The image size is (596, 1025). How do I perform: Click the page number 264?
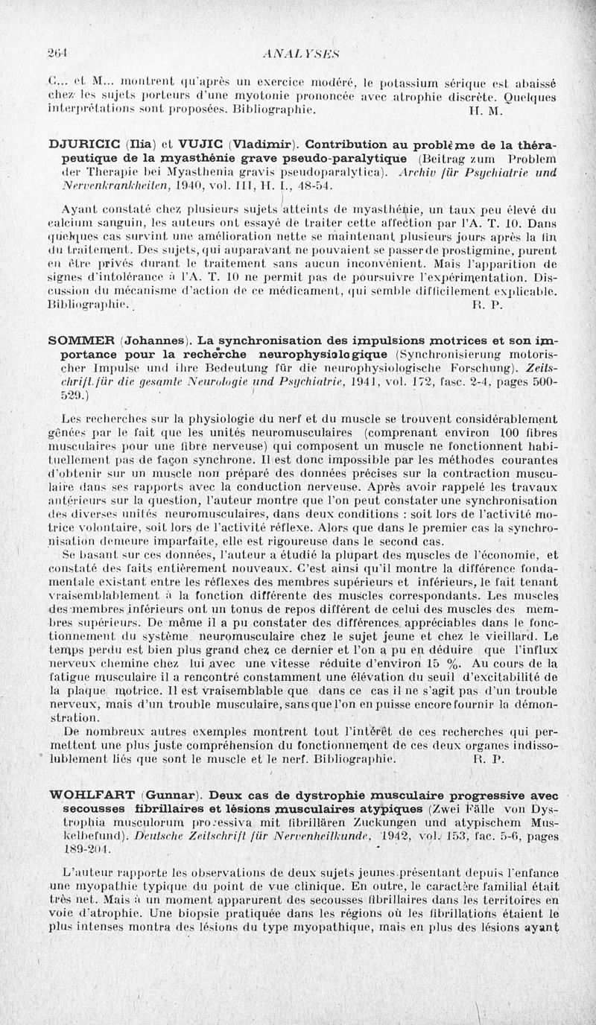pos(57,53)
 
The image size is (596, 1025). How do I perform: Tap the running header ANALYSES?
pos(297,53)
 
